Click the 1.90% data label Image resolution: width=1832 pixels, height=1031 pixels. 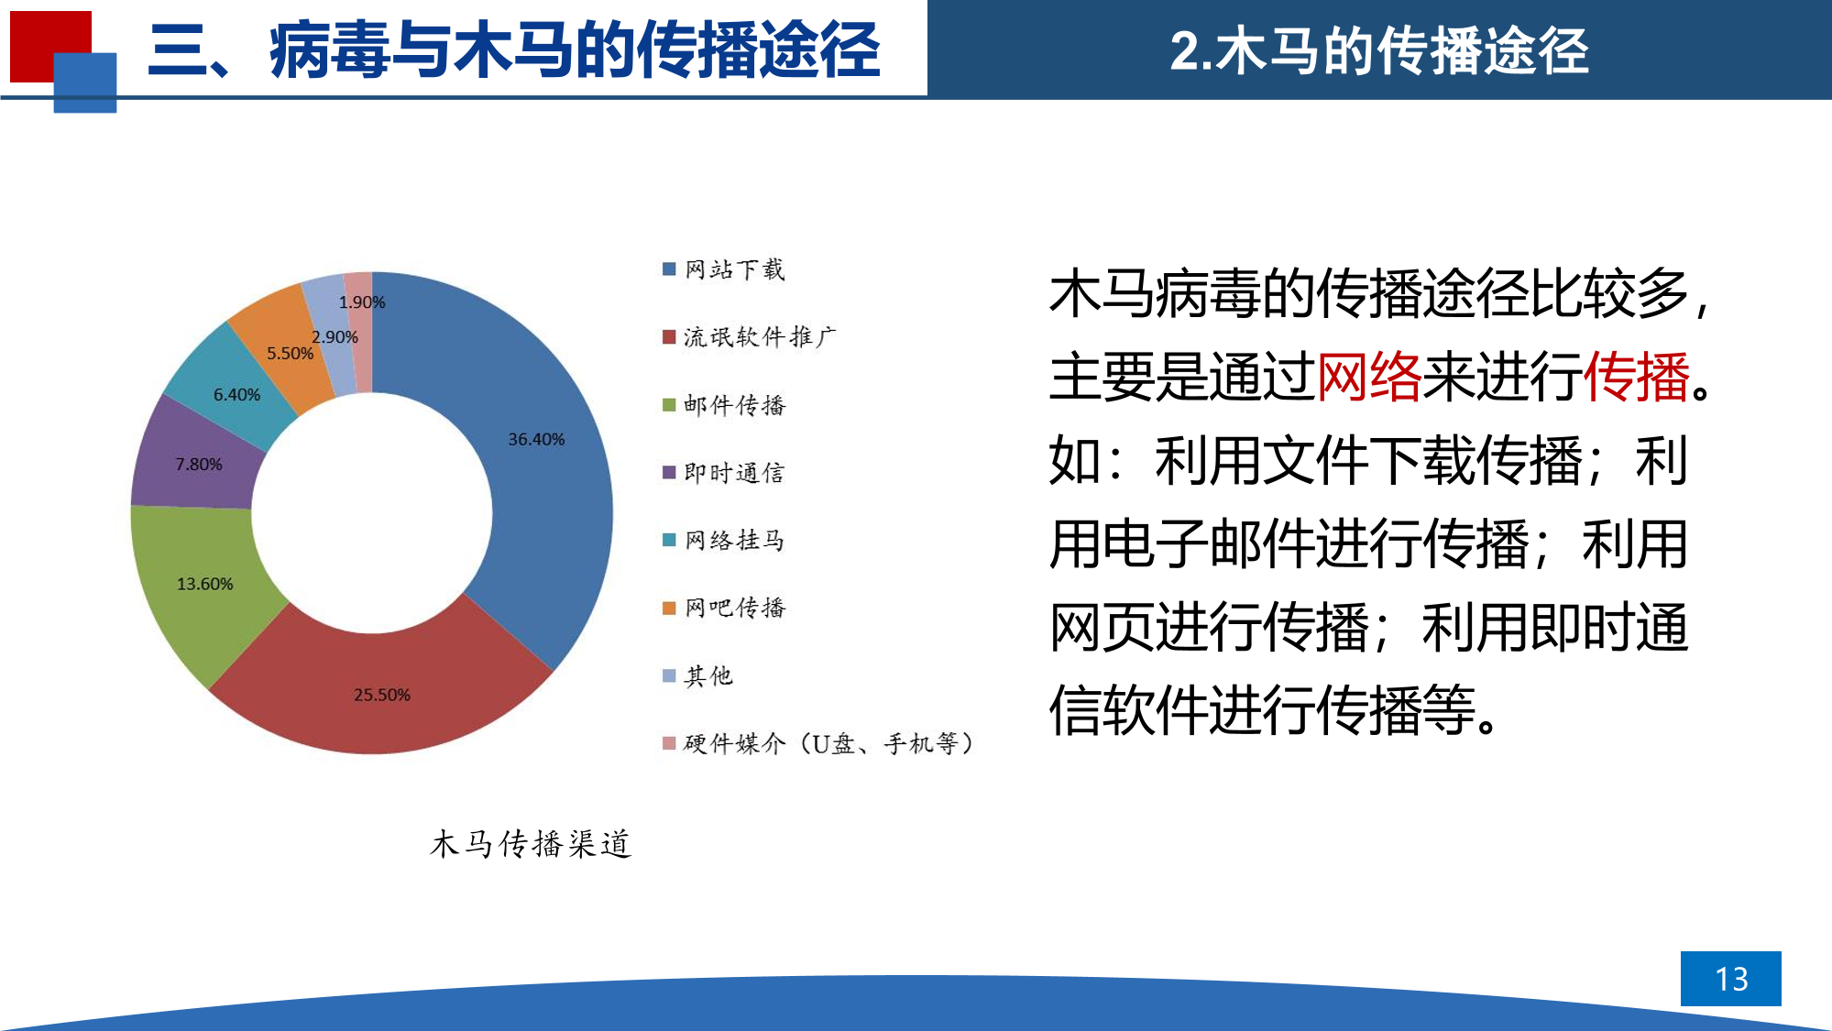(362, 302)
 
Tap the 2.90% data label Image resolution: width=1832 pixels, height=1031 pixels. (335, 337)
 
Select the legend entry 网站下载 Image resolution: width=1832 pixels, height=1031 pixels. (724, 269)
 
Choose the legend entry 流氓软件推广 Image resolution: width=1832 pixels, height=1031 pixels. (750, 337)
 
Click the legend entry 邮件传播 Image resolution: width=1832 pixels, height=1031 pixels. (724, 405)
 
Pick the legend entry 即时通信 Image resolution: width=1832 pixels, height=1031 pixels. (724, 473)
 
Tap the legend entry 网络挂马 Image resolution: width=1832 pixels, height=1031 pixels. (724, 540)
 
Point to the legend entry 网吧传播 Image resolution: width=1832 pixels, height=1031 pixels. (724, 608)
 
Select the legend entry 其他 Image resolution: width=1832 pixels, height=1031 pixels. (698, 675)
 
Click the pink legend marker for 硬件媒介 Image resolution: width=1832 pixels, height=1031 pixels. (669, 743)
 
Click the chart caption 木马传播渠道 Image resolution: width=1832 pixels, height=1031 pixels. (531, 843)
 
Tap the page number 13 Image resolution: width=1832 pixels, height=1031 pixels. (1731, 979)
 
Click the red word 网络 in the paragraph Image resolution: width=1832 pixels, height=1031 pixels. (1369, 377)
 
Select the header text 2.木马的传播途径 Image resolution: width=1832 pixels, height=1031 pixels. (1379, 50)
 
